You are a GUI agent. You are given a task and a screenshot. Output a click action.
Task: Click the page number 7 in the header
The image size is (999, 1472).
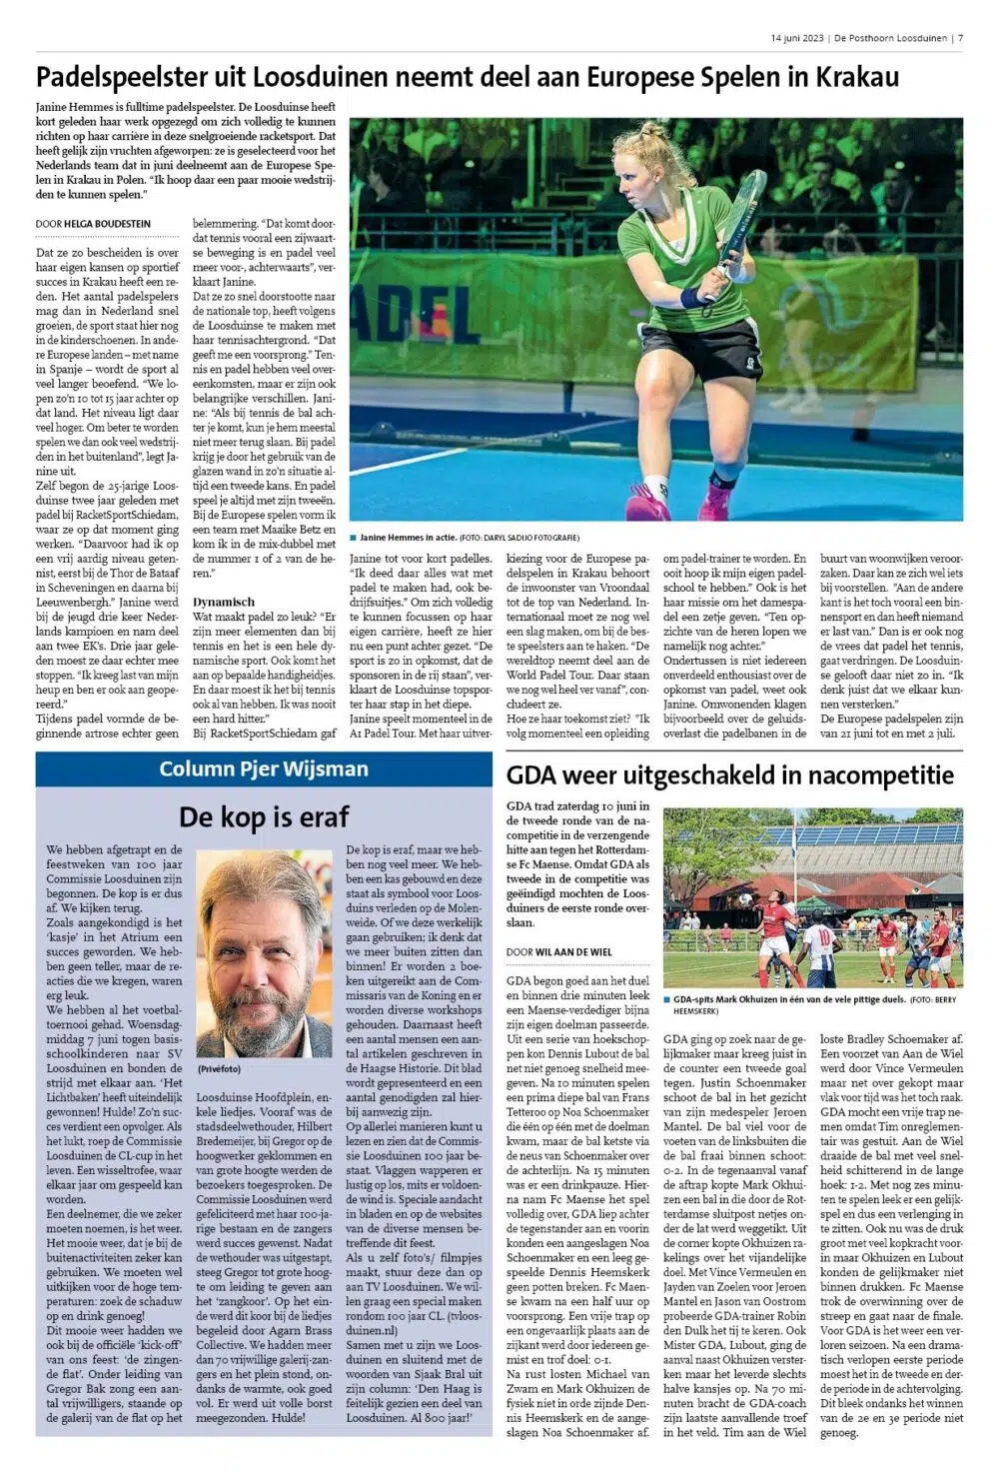(x=960, y=39)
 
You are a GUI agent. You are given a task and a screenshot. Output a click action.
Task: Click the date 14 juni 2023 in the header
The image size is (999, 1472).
(x=797, y=39)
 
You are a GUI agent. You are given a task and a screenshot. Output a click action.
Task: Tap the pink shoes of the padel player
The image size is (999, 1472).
(x=714, y=500)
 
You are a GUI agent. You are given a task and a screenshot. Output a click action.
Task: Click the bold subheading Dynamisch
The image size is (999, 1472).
(x=225, y=602)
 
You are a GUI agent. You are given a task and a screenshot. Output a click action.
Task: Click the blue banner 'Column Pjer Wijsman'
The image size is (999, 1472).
(x=264, y=768)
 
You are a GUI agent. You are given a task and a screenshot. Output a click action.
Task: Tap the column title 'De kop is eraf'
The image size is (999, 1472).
(x=264, y=816)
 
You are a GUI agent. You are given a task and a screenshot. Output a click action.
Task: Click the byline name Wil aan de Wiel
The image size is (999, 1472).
(x=573, y=952)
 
